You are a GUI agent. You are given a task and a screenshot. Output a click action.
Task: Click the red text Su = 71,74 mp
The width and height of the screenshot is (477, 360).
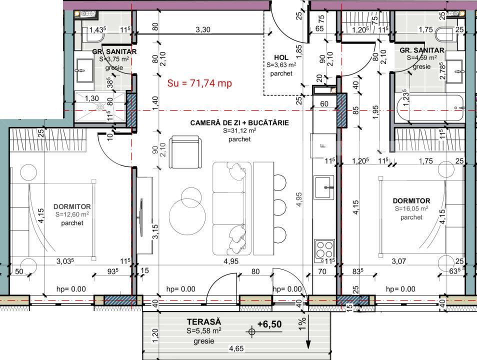click(199, 83)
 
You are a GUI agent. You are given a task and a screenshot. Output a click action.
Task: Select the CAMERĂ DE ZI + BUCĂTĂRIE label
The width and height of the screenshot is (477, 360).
click(239, 122)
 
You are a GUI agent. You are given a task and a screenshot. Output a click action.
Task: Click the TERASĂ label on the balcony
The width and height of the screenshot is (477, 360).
click(204, 322)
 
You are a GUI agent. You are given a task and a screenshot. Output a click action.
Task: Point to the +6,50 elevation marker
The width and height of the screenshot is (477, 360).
click(269, 324)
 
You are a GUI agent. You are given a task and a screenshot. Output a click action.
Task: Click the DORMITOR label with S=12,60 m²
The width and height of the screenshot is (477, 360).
click(72, 206)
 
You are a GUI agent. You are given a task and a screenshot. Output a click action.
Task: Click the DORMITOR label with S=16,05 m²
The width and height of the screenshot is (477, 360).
click(411, 200)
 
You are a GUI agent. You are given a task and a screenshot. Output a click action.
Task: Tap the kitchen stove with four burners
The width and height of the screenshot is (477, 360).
click(323, 249)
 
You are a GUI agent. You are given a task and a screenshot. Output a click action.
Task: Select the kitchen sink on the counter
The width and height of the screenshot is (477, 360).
click(323, 187)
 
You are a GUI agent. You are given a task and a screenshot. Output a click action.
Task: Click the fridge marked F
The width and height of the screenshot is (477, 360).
click(323, 145)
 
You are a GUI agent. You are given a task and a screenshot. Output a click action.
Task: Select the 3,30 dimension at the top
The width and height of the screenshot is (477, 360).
click(202, 29)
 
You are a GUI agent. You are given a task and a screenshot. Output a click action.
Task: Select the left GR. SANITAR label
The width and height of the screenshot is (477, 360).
click(114, 51)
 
